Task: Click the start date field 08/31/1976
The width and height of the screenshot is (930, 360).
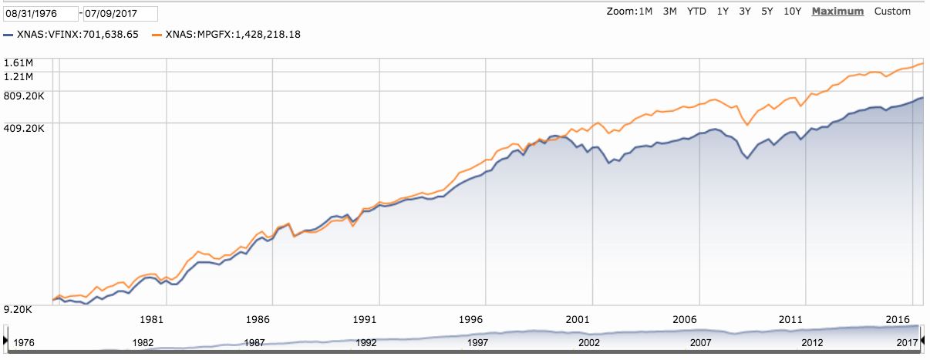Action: coord(40,14)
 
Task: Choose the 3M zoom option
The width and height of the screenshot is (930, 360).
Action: coord(669,12)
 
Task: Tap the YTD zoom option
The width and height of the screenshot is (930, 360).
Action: coord(696,12)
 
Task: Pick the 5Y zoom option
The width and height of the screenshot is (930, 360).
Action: coord(767,12)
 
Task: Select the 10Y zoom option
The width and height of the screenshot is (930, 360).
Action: coord(792,12)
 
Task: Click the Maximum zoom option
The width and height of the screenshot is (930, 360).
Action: coord(837,12)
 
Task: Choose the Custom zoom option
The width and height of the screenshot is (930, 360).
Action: coord(892,12)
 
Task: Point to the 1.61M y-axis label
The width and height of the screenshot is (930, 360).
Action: coord(19,62)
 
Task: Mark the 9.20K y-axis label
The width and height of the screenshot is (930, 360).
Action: coord(19,310)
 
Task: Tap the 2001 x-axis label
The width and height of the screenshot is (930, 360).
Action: coord(578,318)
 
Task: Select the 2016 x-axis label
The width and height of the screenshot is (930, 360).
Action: coord(898,318)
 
